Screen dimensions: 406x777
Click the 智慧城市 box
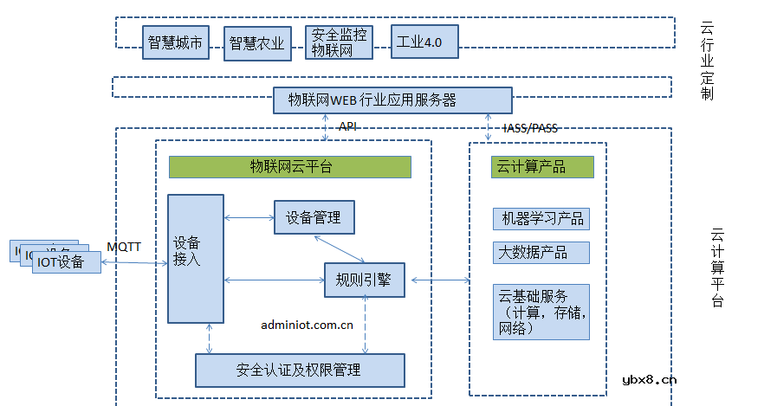coord(176,42)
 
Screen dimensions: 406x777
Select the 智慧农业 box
coord(257,43)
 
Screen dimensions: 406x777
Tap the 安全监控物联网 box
coord(339,42)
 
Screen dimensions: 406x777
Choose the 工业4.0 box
coord(424,42)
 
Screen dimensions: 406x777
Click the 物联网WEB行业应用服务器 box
coord(392,100)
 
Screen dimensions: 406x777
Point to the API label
coord(348,127)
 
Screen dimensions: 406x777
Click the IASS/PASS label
coord(530,128)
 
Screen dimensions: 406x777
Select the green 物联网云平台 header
coord(289,167)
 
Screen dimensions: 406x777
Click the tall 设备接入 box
coord(196,258)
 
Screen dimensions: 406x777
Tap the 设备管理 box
coord(314,217)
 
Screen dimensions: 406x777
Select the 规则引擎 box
coord(364,280)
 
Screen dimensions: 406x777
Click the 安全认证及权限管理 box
coord(300,370)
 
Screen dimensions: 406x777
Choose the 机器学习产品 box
coord(541,219)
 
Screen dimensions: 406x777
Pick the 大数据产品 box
coord(541,253)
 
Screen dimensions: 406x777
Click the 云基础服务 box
coord(541,311)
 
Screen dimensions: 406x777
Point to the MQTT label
coord(124,247)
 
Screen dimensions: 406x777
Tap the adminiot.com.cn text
coord(307,325)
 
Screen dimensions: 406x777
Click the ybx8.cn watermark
coord(649,378)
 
